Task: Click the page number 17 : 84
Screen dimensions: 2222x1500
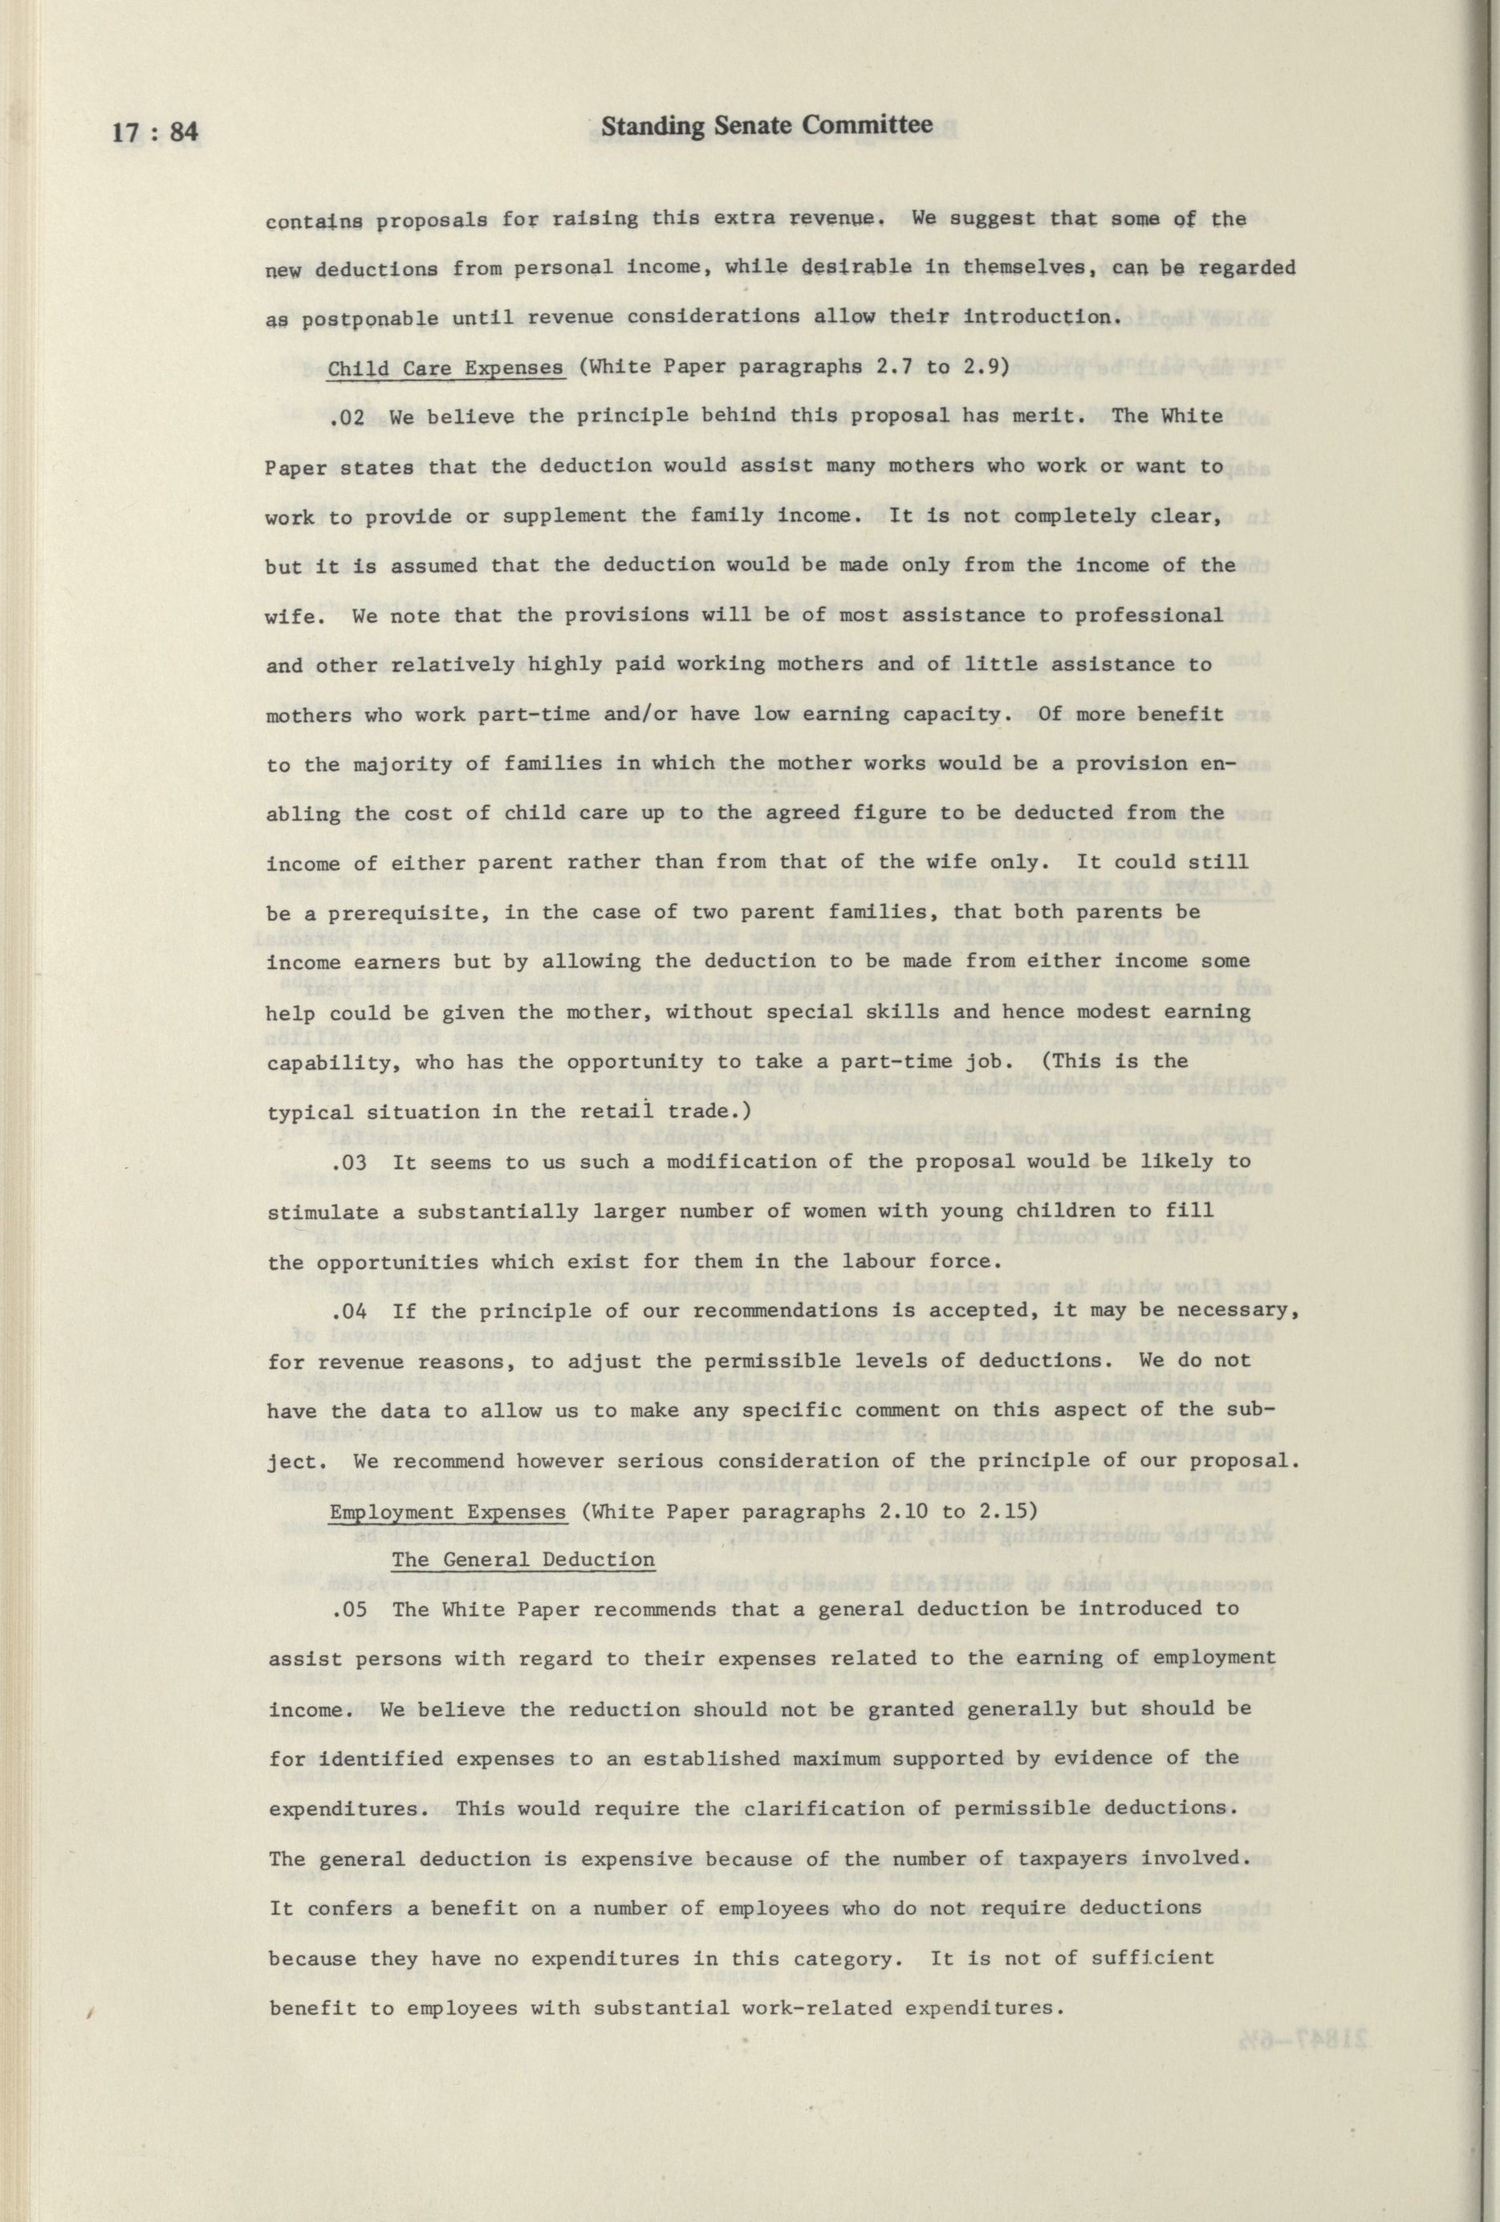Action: coord(155,131)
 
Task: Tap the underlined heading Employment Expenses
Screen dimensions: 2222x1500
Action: coord(447,1512)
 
